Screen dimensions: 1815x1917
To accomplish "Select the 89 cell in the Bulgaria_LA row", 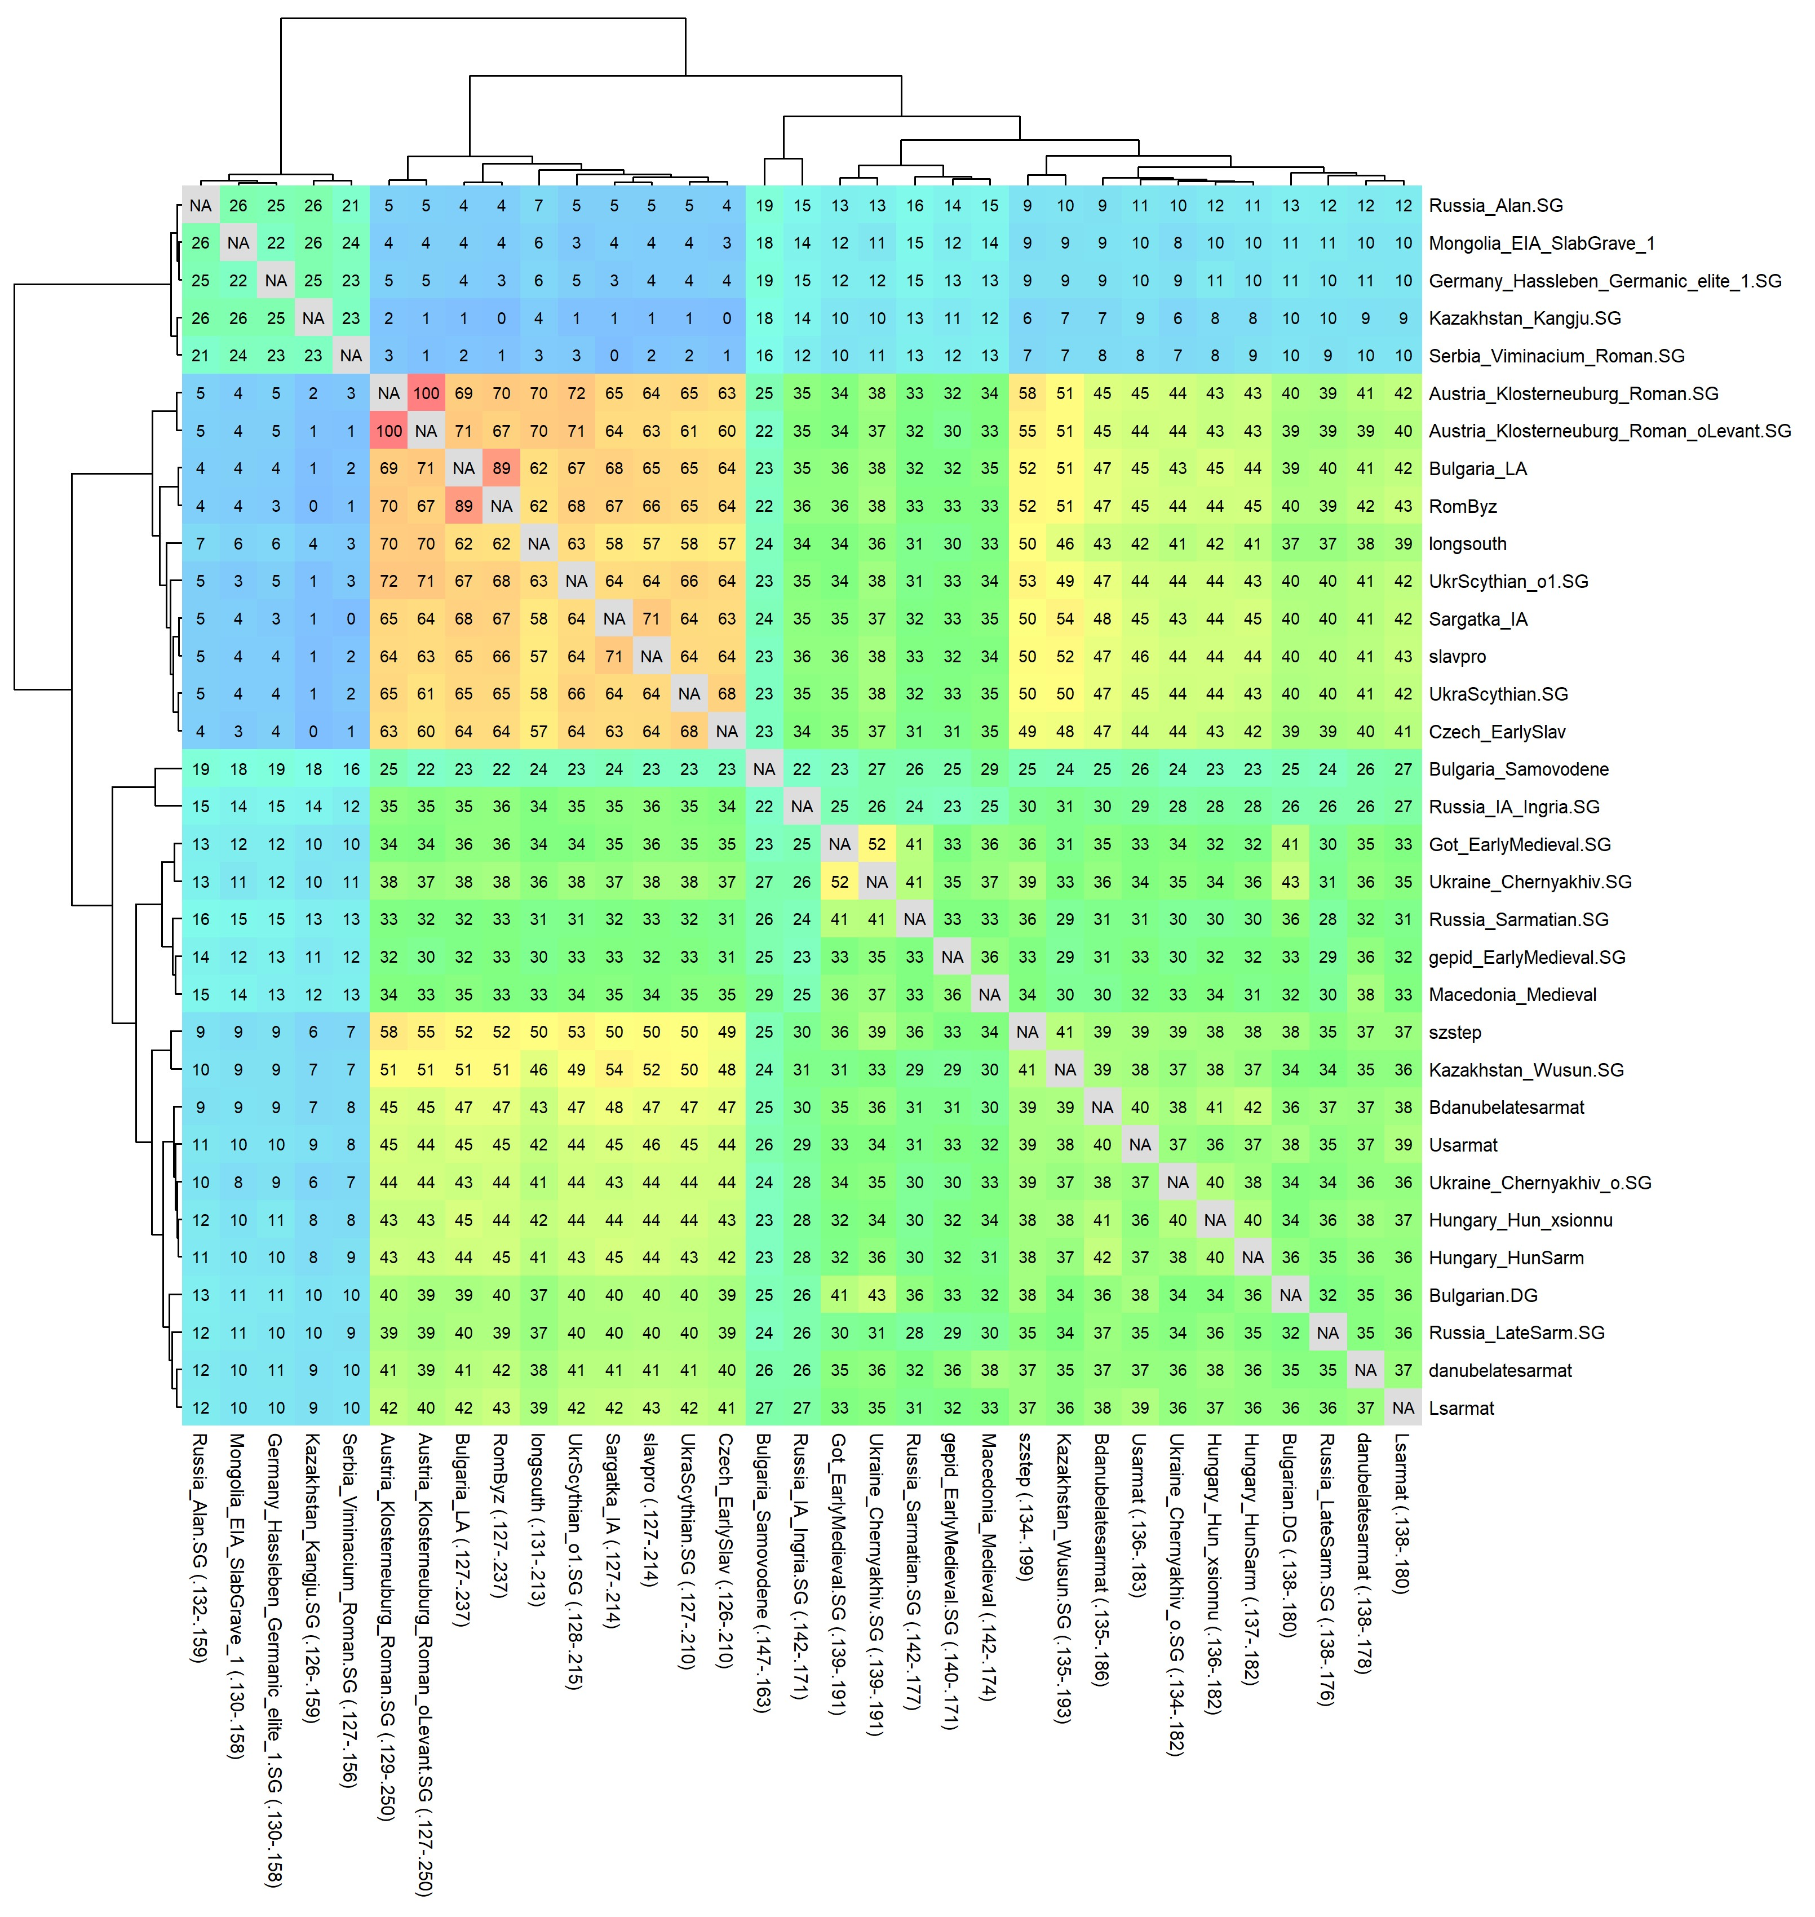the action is [x=501, y=468].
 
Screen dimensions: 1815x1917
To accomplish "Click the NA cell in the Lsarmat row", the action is [x=1403, y=1408].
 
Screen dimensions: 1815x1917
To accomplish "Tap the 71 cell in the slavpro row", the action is [x=614, y=656].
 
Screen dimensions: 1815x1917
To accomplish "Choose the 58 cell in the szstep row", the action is [x=389, y=1033].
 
